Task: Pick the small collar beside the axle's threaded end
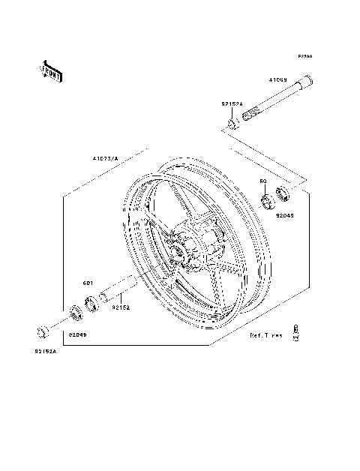(233, 119)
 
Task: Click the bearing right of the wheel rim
(265, 201)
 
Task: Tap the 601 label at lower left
(86, 283)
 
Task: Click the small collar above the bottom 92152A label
(43, 330)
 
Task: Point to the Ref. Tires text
(266, 336)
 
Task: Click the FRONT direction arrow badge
(51, 70)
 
